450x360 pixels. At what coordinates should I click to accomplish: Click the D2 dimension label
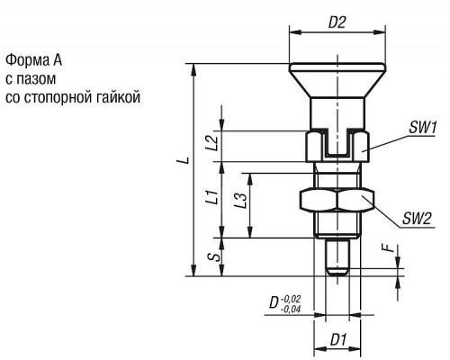(x=337, y=22)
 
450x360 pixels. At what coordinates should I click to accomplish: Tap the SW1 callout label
(x=423, y=128)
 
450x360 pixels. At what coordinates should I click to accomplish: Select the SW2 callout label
(x=417, y=219)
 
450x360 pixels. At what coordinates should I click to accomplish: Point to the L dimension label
(x=186, y=160)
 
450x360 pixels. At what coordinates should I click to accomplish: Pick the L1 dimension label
(x=212, y=196)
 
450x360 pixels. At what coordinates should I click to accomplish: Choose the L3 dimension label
(x=241, y=200)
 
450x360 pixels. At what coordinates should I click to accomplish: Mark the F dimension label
(x=389, y=247)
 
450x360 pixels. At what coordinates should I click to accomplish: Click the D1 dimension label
(x=338, y=340)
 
